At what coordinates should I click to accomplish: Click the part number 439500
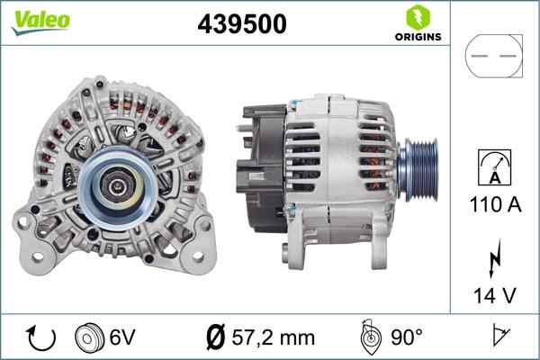pos(240,25)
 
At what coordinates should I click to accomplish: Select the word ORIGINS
pos(416,38)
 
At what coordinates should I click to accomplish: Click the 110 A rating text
pos(494,205)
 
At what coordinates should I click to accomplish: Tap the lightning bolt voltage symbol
pos(494,257)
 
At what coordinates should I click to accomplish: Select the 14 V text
pos(494,293)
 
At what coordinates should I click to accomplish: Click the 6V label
pos(122,337)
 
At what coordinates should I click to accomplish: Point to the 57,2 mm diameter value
pos(273,337)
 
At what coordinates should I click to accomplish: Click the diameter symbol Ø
pos(216,337)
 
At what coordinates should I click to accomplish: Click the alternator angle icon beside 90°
pos(368,337)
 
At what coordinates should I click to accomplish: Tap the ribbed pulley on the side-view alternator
pos(430,168)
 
